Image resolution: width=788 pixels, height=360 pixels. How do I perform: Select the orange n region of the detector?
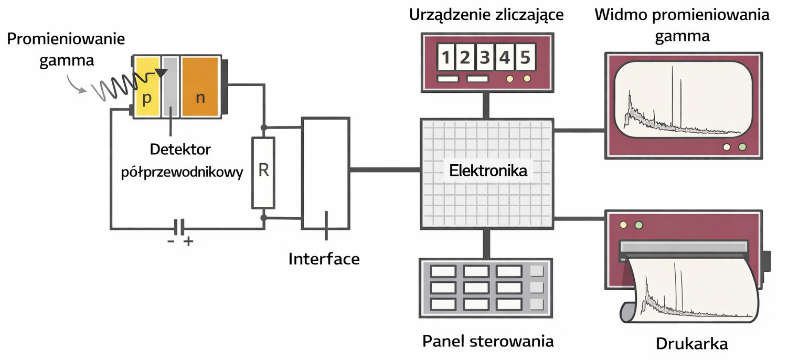[200, 87]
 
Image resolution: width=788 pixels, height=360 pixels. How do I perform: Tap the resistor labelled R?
[263, 172]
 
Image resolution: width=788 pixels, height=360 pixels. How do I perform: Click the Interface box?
[325, 173]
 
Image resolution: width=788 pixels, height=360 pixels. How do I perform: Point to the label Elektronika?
[488, 171]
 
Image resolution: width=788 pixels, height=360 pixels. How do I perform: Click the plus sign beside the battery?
[188, 242]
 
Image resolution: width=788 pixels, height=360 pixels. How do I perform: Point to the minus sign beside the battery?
[171, 242]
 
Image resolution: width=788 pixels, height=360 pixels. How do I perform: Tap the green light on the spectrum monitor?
[742, 147]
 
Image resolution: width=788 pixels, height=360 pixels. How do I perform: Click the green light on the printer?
[638, 225]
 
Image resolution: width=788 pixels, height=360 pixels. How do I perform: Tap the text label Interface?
[324, 259]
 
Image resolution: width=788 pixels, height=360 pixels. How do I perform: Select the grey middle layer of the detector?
[169, 87]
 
